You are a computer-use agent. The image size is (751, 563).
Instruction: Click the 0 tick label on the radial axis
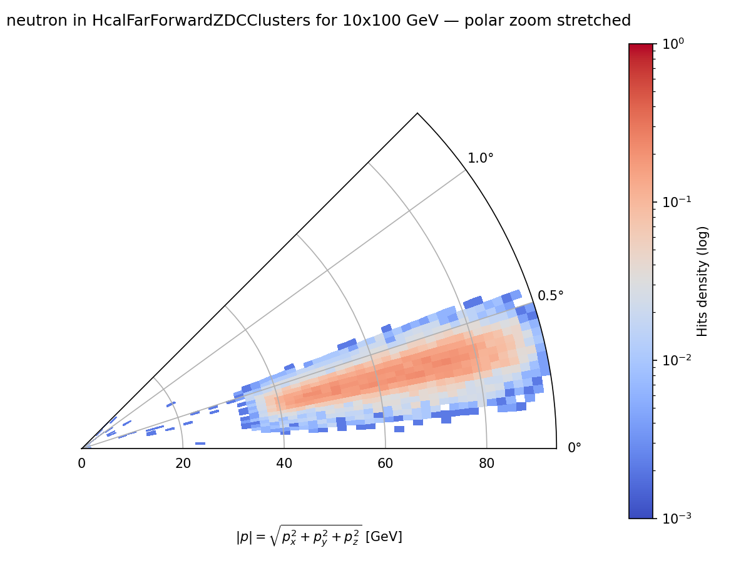point(81,464)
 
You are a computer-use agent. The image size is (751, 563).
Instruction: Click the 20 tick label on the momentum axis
point(183,464)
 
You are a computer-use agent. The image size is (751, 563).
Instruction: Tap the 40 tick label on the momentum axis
point(284,464)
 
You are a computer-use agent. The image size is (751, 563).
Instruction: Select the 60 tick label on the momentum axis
point(386,464)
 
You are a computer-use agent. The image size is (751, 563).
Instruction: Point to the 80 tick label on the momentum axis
point(486,464)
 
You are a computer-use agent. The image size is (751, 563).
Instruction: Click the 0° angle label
point(575,448)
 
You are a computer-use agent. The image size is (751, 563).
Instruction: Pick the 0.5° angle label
point(551,295)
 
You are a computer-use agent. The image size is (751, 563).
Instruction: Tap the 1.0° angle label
point(481,158)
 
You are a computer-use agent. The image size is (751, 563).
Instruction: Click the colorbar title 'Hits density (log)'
point(703,281)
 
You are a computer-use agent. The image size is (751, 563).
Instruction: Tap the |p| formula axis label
point(319,536)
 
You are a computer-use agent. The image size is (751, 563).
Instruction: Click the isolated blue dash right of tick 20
point(200,444)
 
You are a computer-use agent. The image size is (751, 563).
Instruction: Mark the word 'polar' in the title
point(487,21)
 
